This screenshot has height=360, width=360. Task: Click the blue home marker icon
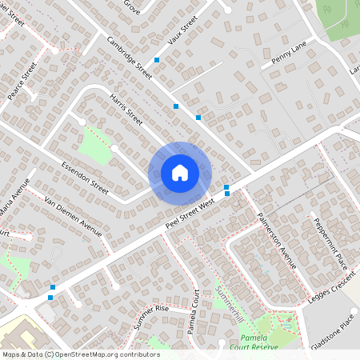pos(180,173)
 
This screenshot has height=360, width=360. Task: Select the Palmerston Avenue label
pos(277,240)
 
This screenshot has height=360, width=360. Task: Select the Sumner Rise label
pos(151,318)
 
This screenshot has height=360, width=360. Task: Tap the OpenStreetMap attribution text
pos(80,354)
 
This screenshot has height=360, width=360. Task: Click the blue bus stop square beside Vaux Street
pos(157,60)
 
